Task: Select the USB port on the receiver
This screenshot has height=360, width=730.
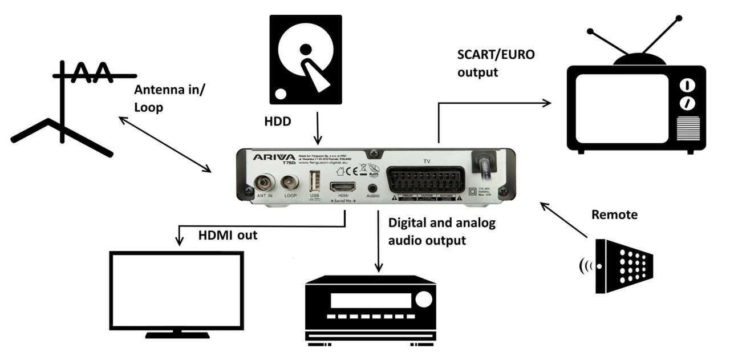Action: point(314,182)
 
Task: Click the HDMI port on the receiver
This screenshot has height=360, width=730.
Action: point(342,187)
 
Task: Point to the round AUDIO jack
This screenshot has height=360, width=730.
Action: point(373,187)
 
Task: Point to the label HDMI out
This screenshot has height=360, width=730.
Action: point(228,234)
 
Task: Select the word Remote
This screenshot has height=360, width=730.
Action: point(614,215)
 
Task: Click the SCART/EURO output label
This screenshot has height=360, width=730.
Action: point(497,63)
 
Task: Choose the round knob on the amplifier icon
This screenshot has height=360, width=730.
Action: point(423,298)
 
